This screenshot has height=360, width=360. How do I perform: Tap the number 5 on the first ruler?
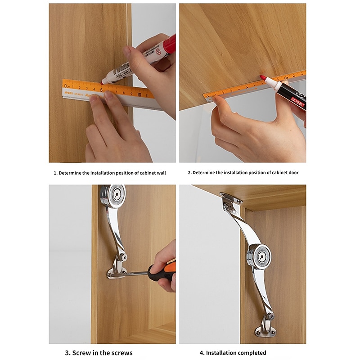point(101,89)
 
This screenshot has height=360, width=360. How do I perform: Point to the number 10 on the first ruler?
point(139,94)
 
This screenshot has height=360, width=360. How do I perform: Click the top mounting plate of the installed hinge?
point(231,198)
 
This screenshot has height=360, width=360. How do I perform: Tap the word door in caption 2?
point(292,173)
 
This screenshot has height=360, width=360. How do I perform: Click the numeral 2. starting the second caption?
point(190,173)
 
